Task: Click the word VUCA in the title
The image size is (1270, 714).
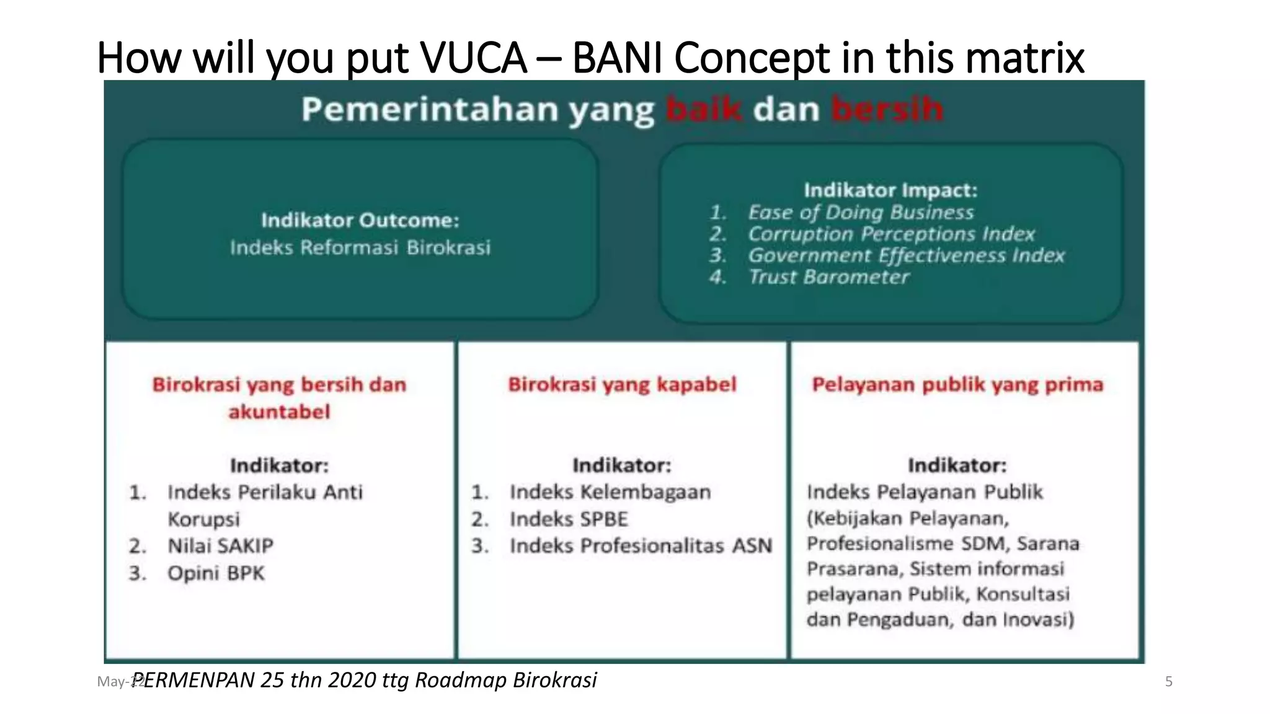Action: (x=473, y=58)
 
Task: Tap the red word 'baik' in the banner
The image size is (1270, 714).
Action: (x=703, y=110)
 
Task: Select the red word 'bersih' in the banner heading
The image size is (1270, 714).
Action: (x=887, y=110)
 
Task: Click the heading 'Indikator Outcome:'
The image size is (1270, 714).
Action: (x=360, y=220)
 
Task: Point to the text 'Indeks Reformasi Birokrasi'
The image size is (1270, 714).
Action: (x=360, y=248)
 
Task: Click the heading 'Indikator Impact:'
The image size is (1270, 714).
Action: (x=890, y=190)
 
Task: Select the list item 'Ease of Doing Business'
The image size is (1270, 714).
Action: (x=861, y=213)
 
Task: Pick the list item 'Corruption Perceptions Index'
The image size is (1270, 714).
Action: (x=891, y=234)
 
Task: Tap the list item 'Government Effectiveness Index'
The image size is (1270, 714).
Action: (x=906, y=255)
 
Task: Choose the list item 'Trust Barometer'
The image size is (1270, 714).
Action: (x=828, y=277)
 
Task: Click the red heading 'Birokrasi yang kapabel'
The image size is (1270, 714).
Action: (x=622, y=384)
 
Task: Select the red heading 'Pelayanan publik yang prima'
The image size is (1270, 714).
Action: (x=957, y=384)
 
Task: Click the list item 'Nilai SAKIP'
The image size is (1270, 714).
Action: (x=220, y=546)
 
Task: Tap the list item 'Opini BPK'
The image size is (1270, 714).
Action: (x=216, y=573)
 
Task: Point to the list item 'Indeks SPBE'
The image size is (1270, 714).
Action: (x=569, y=519)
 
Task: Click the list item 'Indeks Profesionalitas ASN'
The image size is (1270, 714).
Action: (x=641, y=546)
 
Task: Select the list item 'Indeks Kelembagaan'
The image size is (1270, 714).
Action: (x=610, y=492)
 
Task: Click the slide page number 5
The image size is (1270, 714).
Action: (x=1168, y=682)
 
